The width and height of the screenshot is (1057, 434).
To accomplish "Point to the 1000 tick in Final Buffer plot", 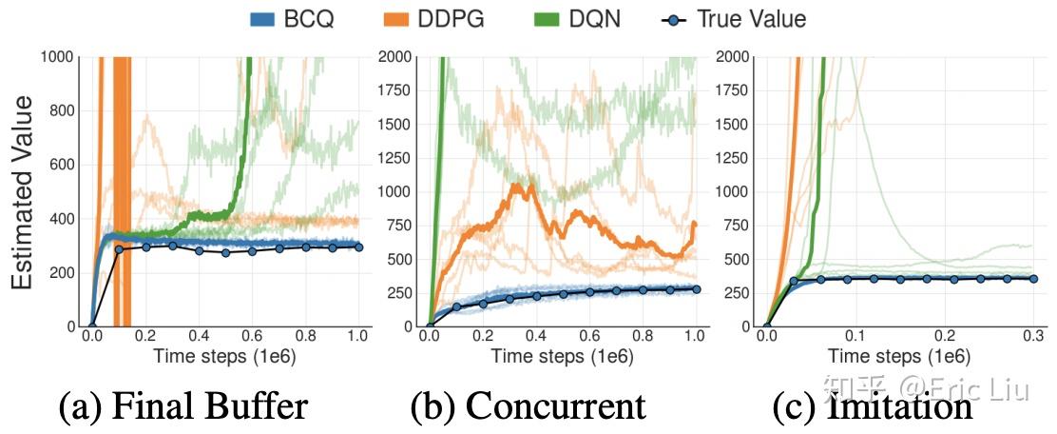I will click(59, 57).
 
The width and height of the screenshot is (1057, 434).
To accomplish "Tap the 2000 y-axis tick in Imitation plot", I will click(734, 57).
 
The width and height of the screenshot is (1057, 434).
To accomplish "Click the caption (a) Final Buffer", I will click(183, 406).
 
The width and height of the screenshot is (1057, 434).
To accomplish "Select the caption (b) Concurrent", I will click(528, 406).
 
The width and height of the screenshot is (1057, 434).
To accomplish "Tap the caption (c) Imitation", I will click(874, 406).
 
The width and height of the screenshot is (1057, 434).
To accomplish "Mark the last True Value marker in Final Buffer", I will click(358, 247).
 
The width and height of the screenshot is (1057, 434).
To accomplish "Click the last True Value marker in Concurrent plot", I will click(695, 289).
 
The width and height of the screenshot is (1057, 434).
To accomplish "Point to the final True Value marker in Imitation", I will click(1032, 278).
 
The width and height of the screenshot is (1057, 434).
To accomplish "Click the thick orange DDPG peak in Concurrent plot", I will click(518, 186).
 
